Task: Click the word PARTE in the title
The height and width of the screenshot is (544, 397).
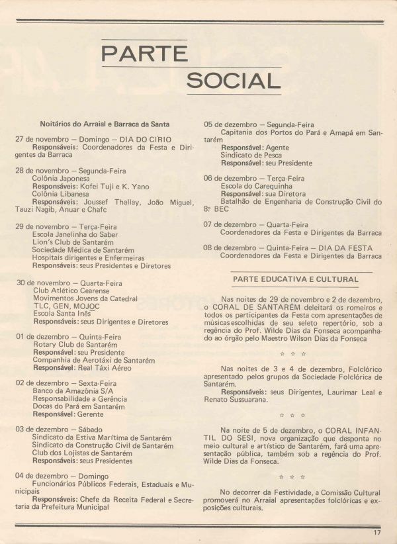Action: (144, 52)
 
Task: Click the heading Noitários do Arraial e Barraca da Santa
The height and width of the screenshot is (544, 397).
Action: (105, 124)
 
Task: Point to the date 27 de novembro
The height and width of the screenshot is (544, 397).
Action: (44, 140)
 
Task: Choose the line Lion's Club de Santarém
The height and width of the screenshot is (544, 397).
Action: (73, 242)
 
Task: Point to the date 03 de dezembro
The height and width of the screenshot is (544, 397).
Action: (43, 430)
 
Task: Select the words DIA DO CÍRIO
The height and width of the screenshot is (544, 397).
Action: (145, 140)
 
